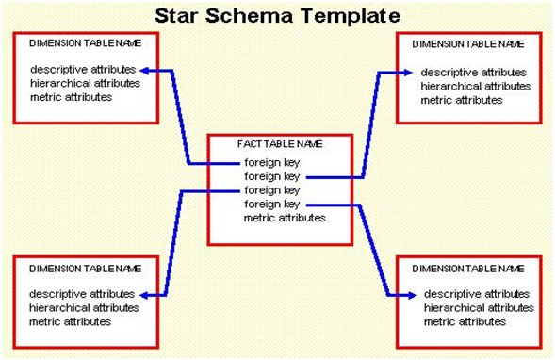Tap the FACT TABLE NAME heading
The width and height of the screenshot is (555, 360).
click(x=280, y=144)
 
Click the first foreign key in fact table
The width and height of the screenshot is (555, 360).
click(x=271, y=163)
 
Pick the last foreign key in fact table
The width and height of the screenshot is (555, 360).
click(x=271, y=205)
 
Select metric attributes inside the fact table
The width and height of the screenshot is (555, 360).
click(x=285, y=218)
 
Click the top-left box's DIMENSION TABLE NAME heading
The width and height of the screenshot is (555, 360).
click(x=86, y=43)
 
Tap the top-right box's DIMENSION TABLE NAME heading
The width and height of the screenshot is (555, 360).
click(x=468, y=44)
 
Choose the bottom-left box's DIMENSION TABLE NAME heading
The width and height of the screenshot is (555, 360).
click(x=86, y=269)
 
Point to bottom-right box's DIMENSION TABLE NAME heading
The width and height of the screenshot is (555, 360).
click(x=468, y=269)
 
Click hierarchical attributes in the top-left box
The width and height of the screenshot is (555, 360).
click(x=86, y=83)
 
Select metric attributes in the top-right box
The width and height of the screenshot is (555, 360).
click(x=462, y=100)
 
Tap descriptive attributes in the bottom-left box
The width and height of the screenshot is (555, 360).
click(x=82, y=294)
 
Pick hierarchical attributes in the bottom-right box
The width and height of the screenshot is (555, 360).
click(x=479, y=308)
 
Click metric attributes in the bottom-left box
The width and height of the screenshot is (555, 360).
click(x=70, y=321)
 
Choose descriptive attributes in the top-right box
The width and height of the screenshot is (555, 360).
click(x=474, y=73)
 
